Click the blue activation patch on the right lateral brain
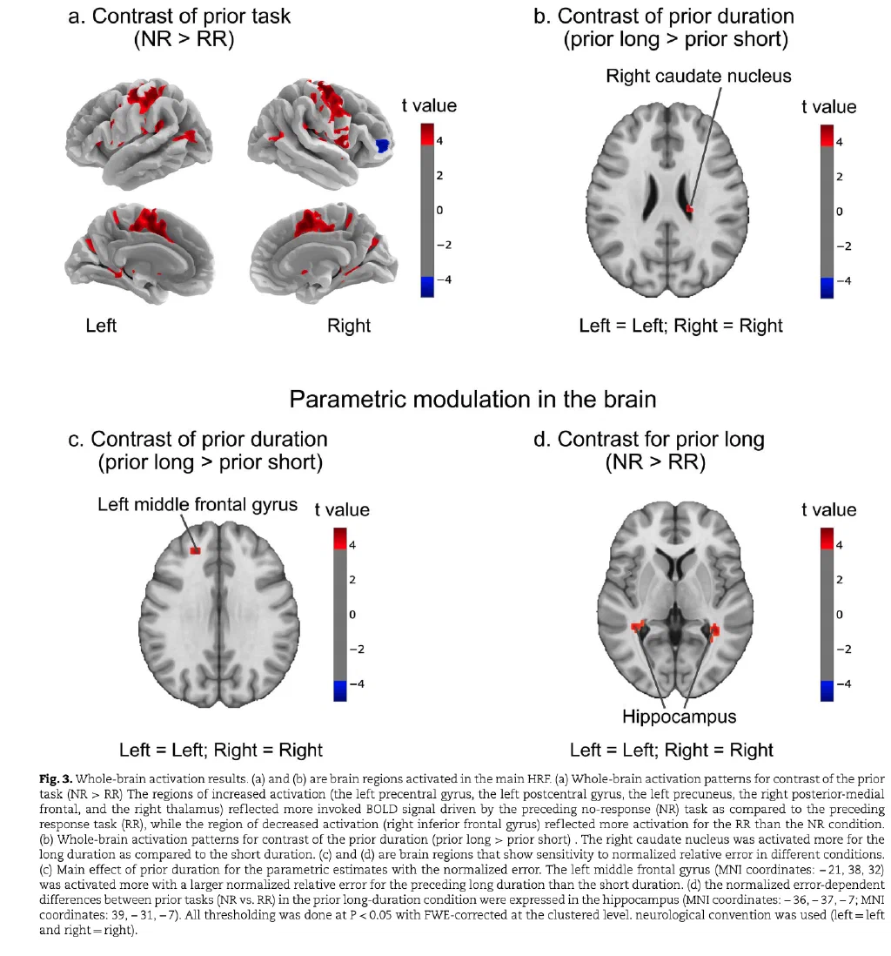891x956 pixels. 381,145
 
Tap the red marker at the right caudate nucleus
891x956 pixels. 690,209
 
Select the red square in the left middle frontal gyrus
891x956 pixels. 195,550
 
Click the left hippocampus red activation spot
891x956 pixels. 638,626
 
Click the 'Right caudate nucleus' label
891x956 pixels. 699,76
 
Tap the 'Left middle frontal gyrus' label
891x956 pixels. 198,505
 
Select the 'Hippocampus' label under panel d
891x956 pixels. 679,717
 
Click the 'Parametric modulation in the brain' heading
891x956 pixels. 473,399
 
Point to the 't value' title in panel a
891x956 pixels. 429,105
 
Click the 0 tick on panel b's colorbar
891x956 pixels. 839,212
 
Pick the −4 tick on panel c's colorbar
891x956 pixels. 357,684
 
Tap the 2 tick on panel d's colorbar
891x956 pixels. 839,580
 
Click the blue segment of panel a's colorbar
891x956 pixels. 427,287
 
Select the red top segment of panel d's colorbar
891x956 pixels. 827,538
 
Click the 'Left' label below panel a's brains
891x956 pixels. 101,326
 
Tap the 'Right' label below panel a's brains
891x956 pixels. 349,326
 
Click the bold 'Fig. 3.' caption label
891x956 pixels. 56,778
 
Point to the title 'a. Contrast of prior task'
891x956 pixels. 180,17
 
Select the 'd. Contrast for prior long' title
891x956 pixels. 648,439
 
